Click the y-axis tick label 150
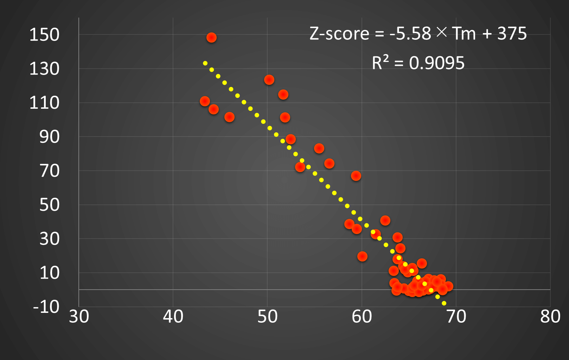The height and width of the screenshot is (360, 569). [x=44, y=35]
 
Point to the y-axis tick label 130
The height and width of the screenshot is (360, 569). [x=44, y=69]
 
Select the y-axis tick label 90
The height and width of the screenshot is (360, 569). [x=49, y=137]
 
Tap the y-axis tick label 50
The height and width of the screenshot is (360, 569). [x=49, y=205]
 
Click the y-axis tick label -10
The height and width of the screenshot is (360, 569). [x=46, y=307]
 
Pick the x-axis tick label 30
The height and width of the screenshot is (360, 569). [x=79, y=317]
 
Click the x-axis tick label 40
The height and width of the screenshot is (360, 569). [x=173, y=317]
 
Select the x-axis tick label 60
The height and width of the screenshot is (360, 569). [x=362, y=317]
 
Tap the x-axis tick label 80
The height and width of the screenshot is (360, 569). [x=550, y=317]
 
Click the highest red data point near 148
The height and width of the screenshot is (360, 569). [x=211, y=38]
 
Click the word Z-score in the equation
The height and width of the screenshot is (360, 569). [x=339, y=34]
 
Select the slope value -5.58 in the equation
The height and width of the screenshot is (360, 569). [x=410, y=34]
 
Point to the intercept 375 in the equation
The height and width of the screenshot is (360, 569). [x=512, y=34]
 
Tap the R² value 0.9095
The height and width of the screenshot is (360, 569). [x=437, y=63]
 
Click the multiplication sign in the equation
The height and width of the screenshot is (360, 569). [x=442, y=33]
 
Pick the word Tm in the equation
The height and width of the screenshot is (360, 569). [x=464, y=34]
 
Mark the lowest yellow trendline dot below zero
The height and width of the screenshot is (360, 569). [x=444, y=303]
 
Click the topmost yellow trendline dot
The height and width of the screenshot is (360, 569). [x=205, y=63]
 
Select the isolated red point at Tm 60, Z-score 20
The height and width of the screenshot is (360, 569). [x=362, y=257]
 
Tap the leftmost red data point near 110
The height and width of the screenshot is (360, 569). [x=205, y=101]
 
